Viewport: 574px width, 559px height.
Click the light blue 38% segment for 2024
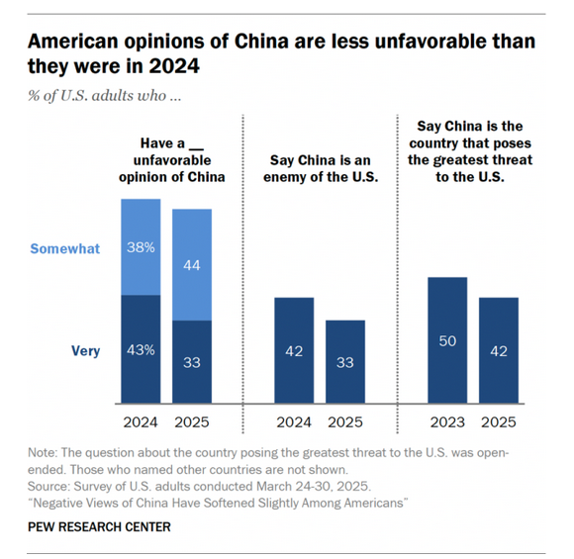pos(141,247)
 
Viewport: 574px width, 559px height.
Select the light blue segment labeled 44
pos(192,264)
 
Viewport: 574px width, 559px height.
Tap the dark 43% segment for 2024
pos(141,349)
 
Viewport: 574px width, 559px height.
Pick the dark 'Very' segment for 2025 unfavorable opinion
pos(192,362)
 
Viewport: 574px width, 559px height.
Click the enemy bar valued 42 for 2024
pos(294,350)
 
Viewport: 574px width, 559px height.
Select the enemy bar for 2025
pos(345,362)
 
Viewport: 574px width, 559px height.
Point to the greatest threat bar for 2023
pos(447,340)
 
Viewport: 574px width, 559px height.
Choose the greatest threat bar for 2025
pos(499,350)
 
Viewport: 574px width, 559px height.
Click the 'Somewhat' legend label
pos(65,249)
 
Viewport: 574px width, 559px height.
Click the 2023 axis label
pos(447,421)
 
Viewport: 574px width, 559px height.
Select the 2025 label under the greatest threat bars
pos(499,421)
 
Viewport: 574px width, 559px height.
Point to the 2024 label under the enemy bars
pos(294,421)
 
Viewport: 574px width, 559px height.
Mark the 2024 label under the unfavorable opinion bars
pos(141,421)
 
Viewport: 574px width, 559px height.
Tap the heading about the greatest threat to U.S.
pos(472,151)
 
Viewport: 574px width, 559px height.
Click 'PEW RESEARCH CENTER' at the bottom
pos(99,526)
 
